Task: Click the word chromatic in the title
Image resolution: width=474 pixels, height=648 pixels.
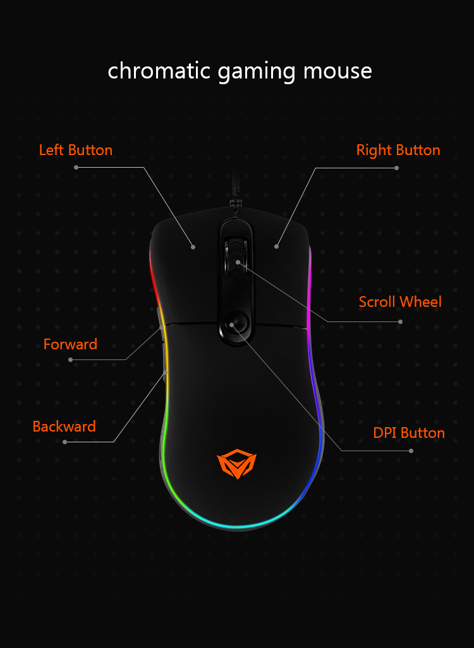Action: point(159,70)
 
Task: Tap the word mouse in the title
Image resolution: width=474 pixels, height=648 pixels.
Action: point(337,71)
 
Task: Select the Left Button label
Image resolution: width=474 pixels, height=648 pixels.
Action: point(76,149)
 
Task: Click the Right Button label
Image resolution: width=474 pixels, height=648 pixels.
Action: point(398,149)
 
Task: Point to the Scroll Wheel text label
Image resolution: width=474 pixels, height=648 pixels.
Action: point(400,302)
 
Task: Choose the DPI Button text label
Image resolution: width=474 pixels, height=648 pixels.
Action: point(409,433)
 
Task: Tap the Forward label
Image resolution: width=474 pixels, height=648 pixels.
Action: point(70,344)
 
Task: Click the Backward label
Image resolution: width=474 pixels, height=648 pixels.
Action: point(64,426)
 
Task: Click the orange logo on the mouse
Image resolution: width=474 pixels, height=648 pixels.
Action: point(236,464)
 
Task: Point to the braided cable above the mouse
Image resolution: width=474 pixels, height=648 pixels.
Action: point(235,189)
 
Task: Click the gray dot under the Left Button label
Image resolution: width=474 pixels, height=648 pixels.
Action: point(76,167)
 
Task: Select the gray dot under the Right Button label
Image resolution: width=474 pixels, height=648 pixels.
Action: point(396,168)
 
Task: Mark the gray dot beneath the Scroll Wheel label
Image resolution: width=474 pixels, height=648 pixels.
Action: point(400,321)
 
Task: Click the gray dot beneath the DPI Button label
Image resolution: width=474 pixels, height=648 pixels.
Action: point(411,451)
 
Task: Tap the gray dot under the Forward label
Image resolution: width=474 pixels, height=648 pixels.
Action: point(71,360)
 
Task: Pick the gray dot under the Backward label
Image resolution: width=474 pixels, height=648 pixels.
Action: point(65,442)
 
